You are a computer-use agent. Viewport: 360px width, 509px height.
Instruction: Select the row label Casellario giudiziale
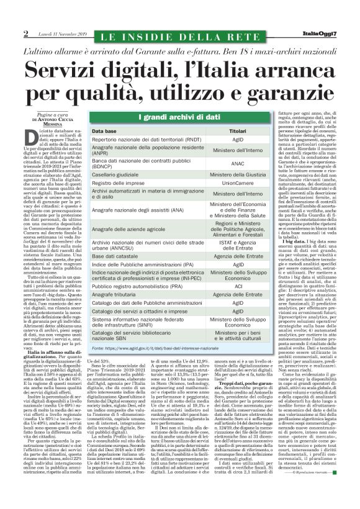115,175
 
